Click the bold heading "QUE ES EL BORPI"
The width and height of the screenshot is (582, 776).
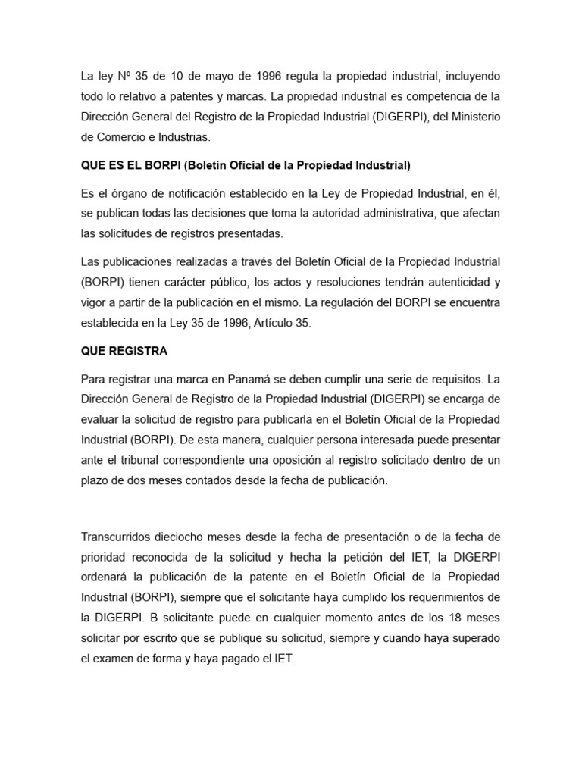131,164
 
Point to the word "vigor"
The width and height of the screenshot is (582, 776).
94,303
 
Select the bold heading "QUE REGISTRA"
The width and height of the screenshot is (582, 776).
124,351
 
